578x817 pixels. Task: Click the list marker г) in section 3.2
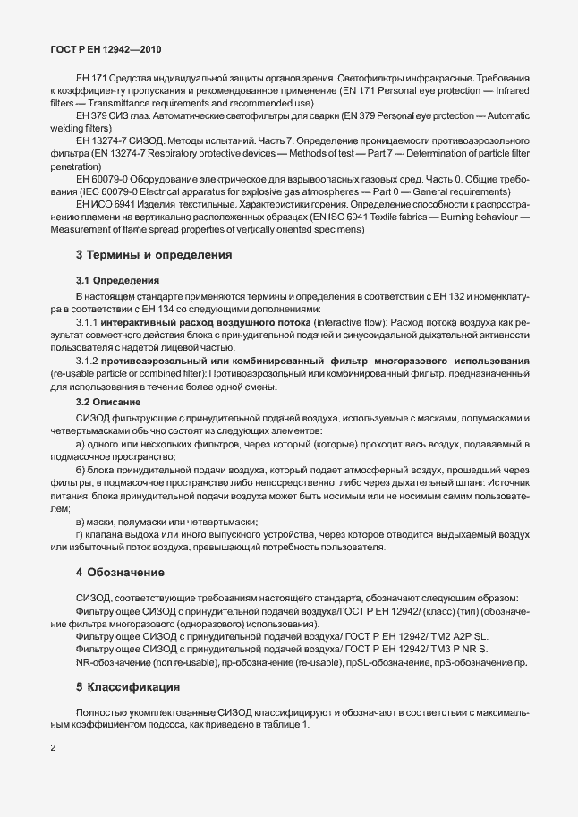pos(80,534)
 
